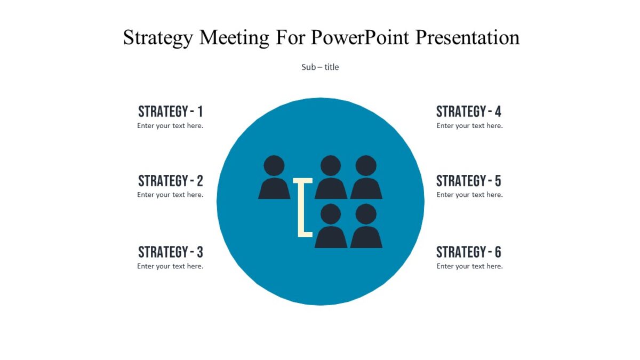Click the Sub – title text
tap(320, 67)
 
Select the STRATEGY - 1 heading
tap(170, 111)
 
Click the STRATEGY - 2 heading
tap(170, 181)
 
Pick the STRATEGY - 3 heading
tap(170, 252)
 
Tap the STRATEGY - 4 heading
tap(469, 111)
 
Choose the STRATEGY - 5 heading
tap(469, 181)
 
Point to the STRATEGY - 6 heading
tap(469, 252)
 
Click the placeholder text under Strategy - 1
tap(170, 126)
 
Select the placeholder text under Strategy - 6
tap(469, 266)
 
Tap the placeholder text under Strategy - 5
tap(469, 195)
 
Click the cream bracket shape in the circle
tap(301, 208)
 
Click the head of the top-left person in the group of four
tap(331, 165)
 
